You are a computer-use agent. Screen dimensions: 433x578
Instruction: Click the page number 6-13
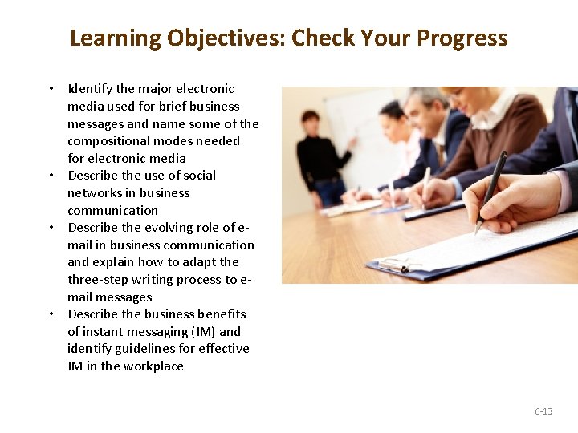point(543,411)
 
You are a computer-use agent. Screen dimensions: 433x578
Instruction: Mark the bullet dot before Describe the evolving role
point(51,228)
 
